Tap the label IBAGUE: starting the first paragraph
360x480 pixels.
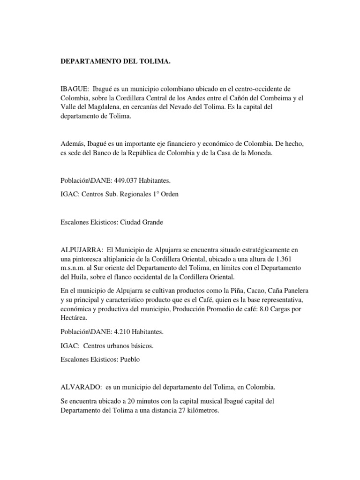click(x=75, y=89)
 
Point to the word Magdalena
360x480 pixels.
click(x=105, y=107)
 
